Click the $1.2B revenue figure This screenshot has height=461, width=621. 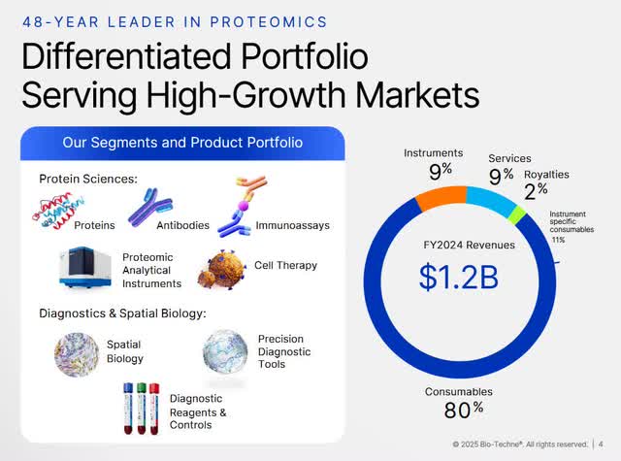point(458,277)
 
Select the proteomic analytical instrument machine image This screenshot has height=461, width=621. point(84,268)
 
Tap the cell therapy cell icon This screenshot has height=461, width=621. point(220,269)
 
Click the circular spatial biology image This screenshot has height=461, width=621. point(78,351)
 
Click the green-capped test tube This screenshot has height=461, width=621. point(141,407)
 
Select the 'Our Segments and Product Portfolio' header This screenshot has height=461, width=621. point(182,143)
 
